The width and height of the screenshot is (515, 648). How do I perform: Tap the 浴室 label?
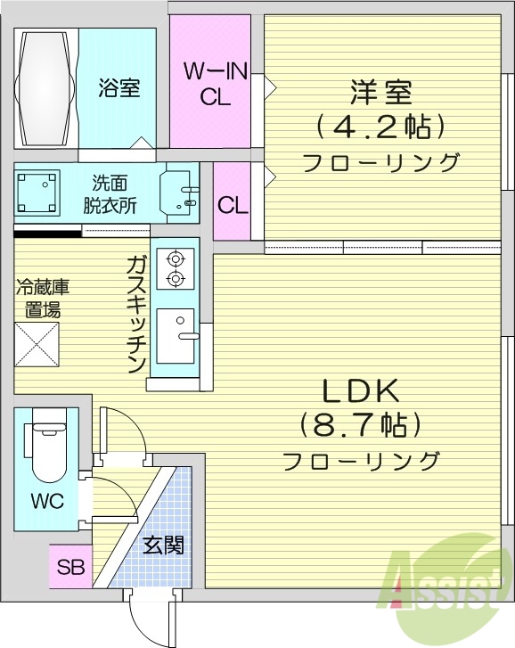(x=119, y=89)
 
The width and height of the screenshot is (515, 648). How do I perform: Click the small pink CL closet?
(x=233, y=206)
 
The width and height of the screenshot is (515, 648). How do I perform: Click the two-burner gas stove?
(x=176, y=268)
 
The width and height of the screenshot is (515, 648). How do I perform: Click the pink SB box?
(x=69, y=566)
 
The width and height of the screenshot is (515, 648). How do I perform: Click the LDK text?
(x=361, y=390)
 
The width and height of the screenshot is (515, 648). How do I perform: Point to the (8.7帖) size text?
(x=361, y=424)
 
